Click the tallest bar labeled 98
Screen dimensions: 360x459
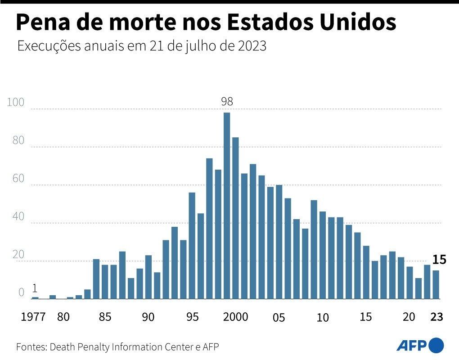click(227, 205)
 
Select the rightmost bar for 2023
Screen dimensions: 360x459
click(436, 284)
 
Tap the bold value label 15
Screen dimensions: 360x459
click(439, 260)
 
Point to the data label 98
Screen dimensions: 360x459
click(227, 102)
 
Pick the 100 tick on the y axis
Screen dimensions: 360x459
click(16, 102)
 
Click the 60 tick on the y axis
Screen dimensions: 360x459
click(18, 179)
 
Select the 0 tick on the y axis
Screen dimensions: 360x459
click(21, 293)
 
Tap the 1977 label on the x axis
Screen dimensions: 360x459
click(33, 317)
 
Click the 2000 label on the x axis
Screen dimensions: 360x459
click(235, 317)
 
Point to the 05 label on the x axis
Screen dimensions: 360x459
click(279, 318)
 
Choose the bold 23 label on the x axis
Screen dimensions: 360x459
click(436, 317)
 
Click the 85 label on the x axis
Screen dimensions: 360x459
click(105, 317)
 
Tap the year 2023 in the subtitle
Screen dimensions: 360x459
click(250, 46)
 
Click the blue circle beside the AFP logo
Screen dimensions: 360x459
click(436, 345)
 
